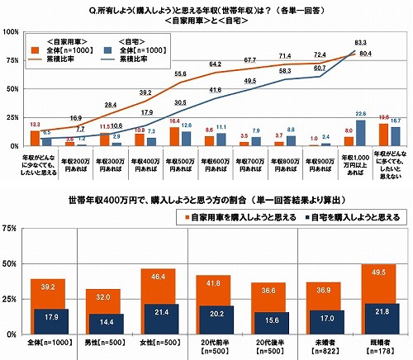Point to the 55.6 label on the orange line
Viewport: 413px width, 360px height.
[179, 73]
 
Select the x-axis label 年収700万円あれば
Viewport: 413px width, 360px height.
[249, 160]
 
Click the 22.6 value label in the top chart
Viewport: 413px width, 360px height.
[360, 112]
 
